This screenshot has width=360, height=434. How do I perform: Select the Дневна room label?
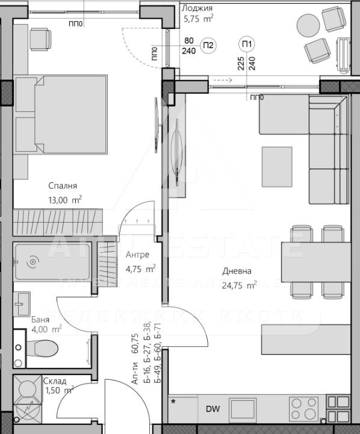click(x=237, y=271)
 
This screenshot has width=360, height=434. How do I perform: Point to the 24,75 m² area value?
click(x=239, y=285)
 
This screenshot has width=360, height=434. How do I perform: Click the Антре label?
click(x=137, y=255)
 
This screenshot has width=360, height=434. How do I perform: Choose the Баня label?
click(x=41, y=320)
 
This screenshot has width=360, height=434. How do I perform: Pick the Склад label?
click(x=55, y=380)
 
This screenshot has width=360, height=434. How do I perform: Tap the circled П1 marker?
click(x=247, y=43)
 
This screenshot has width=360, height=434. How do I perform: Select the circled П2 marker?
click(x=208, y=45)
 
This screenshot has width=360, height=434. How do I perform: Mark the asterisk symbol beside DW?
click(x=175, y=401)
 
